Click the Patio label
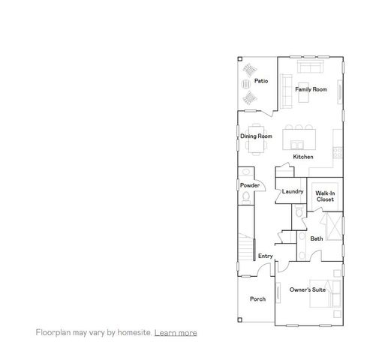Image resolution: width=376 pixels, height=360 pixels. (261, 81)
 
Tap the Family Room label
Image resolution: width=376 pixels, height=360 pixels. (311, 89)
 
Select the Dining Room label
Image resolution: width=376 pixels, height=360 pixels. (256, 136)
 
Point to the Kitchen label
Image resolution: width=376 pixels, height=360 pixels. (303, 157)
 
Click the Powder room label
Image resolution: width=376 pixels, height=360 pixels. (250, 185)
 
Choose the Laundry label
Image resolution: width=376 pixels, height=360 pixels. (293, 191)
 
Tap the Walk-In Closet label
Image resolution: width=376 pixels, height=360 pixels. (326, 196)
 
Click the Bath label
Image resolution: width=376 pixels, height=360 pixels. (317, 238)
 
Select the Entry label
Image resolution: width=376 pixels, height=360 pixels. (265, 256)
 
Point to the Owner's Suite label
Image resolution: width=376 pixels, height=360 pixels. (307, 289)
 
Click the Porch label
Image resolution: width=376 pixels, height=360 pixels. (257, 298)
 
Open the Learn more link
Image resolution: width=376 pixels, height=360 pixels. (176, 332)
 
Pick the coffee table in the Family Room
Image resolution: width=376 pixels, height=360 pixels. (308, 79)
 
